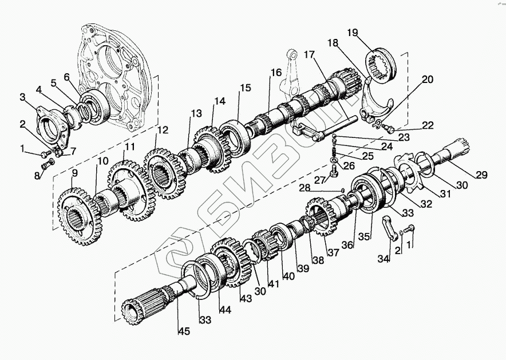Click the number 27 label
pos(319,180)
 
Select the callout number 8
pos(38,176)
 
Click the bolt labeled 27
pos(335,167)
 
